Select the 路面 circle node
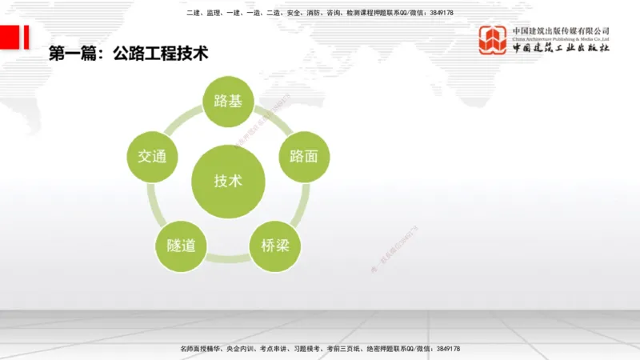[303, 155]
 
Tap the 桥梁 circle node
[274, 245]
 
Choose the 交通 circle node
[152, 155]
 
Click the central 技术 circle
[228, 180]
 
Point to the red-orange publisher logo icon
[493, 39]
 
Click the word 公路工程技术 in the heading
[161, 54]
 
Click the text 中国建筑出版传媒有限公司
[561, 30]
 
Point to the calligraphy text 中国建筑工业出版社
[561, 48]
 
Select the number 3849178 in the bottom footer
[443, 349]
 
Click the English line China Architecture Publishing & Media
[561, 38]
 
